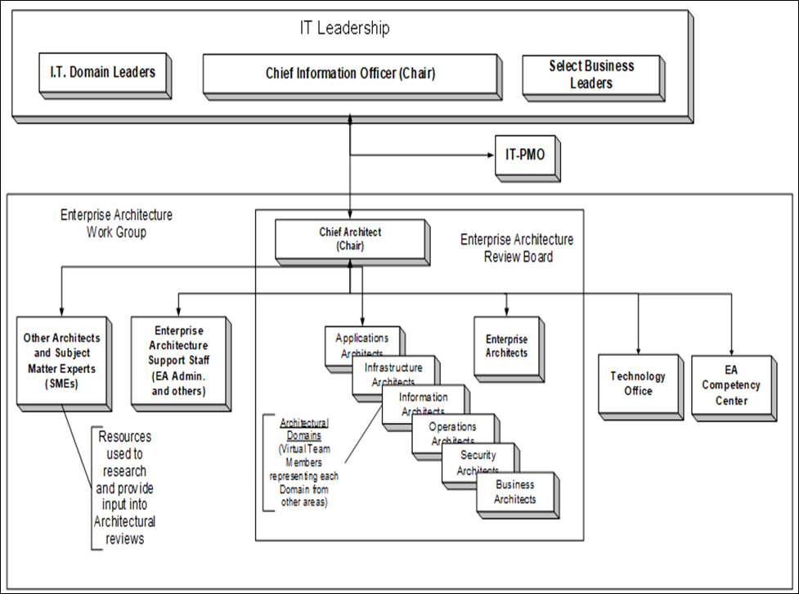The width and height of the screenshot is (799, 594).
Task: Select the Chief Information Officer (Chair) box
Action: click(x=350, y=74)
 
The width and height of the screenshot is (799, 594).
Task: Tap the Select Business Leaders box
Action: click(x=590, y=74)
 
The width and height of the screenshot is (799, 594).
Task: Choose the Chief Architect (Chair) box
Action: click(x=350, y=238)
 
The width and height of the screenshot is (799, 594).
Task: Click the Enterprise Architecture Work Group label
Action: click(x=116, y=223)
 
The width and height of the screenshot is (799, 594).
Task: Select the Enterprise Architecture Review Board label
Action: click(x=516, y=248)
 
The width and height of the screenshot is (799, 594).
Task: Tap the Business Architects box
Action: click(x=515, y=492)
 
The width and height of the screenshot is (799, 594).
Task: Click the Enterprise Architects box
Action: click(x=506, y=346)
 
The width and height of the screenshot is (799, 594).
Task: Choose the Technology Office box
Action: click(x=637, y=384)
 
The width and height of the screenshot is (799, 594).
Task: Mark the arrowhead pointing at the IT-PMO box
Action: click(x=489, y=154)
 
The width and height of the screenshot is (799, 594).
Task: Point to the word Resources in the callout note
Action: click(x=124, y=437)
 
